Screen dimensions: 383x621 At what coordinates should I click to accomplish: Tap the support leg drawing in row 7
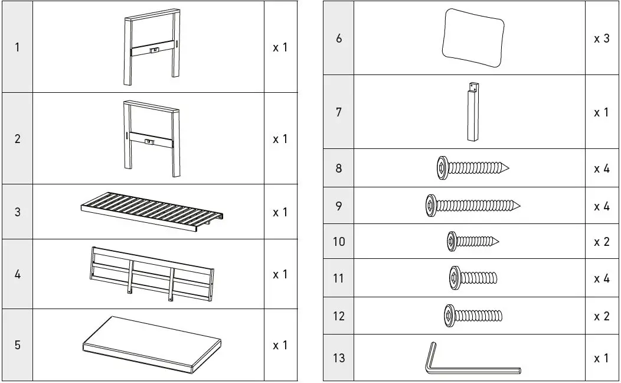click(472, 113)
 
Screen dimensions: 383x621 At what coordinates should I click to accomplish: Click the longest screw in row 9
click(472, 205)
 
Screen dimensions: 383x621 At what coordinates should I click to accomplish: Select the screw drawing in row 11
click(472, 277)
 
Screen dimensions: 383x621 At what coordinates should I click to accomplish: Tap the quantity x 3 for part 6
click(601, 39)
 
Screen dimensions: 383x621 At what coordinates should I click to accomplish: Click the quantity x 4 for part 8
click(601, 169)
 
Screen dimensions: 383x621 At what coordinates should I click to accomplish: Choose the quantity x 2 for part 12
click(601, 316)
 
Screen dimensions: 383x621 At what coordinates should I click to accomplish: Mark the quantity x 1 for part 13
click(601, 358)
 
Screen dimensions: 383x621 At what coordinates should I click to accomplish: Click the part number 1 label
click(17, 47)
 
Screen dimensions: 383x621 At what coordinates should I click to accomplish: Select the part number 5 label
click(17, 345)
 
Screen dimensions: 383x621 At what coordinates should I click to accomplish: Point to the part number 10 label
click(339, 242)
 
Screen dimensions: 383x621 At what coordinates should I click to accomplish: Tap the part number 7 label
click(339, 112)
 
